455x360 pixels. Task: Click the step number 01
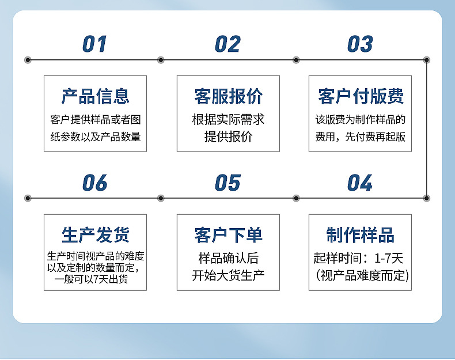[x=95, y=44]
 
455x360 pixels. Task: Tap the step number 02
[x=227, y=44]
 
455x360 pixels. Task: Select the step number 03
[x=360, y=44]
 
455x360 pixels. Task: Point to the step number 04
[x=360, y=183]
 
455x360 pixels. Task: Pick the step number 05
[x=227, y=183]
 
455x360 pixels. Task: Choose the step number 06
[x=95, y=183]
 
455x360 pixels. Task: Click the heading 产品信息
[x=96, y=96]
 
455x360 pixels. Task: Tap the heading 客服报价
[x=228, y=96]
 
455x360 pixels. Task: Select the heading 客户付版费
[x=361, y=96]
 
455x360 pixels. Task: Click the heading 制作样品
[x=361, y=235]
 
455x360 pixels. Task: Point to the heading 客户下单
[x=228, y=235]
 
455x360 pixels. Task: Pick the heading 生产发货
[x=96, y=235]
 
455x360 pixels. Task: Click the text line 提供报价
[x=228, y=137]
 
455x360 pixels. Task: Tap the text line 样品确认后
[x=228, y=258]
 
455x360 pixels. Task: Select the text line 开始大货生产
[x=228, y=275]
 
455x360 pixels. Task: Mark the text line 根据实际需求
[x=228, y=120]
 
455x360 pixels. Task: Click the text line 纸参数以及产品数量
[x=96, y=137]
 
